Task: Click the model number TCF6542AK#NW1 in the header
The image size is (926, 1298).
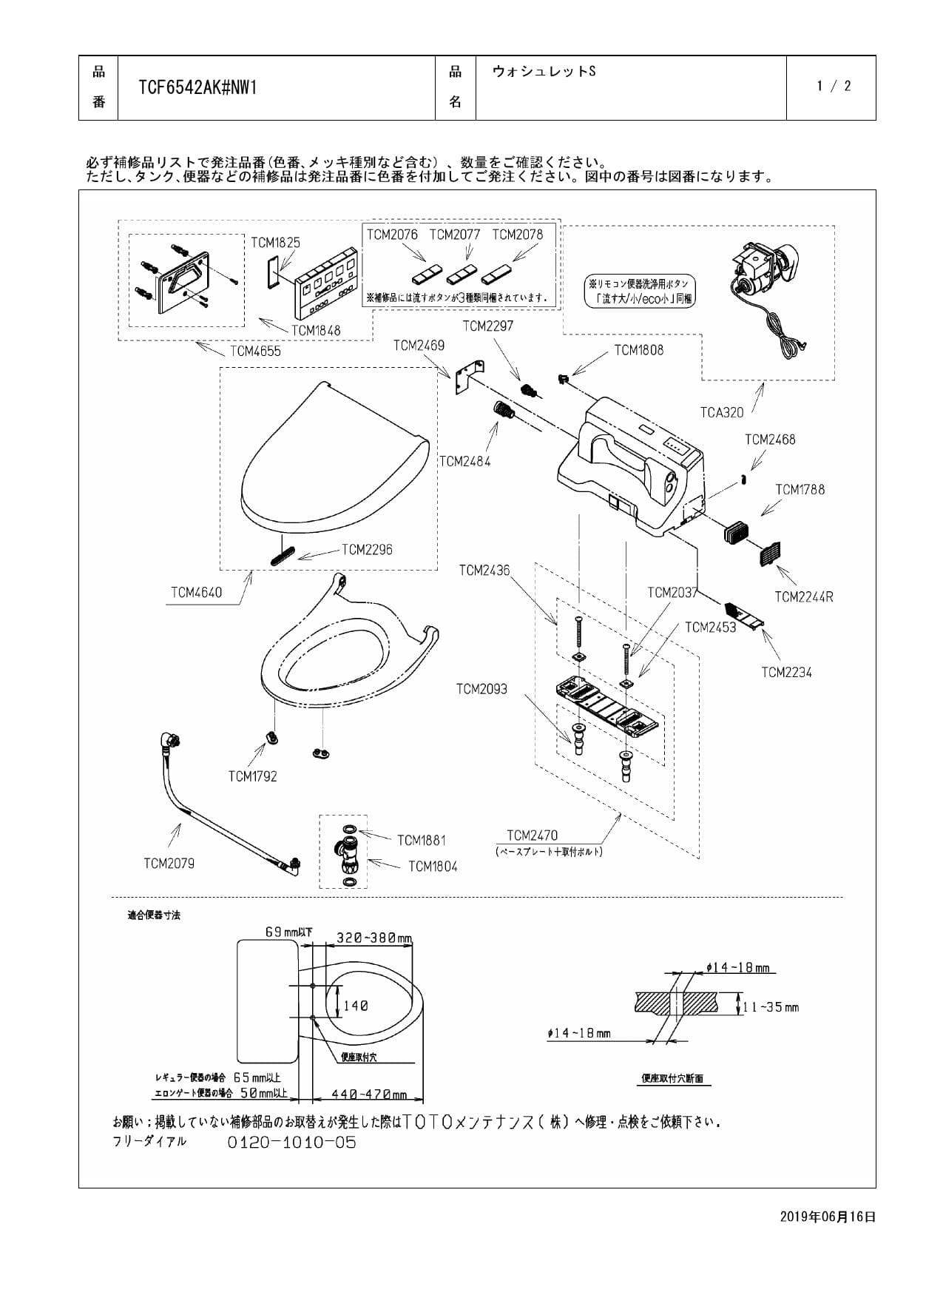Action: [x=197, y=88]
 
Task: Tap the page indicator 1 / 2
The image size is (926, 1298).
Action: [x=834, y=86]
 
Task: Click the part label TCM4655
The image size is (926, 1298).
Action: [x=255, y=351]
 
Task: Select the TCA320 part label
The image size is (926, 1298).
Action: [x=722, y=412]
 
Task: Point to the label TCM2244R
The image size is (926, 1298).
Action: [x=804, y=596]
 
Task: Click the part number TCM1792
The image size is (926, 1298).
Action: [x=252, y=776]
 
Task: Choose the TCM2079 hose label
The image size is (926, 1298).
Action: [x=169, y=863]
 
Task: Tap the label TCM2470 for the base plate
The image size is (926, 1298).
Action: [x=533, y=835]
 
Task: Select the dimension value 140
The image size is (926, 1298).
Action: [x=355, y=1006]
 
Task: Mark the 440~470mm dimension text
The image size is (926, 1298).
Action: [x=369, y=1094]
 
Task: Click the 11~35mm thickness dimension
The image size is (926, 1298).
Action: [x=771, y=1007]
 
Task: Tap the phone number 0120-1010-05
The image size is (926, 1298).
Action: [x=291, y=1143]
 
